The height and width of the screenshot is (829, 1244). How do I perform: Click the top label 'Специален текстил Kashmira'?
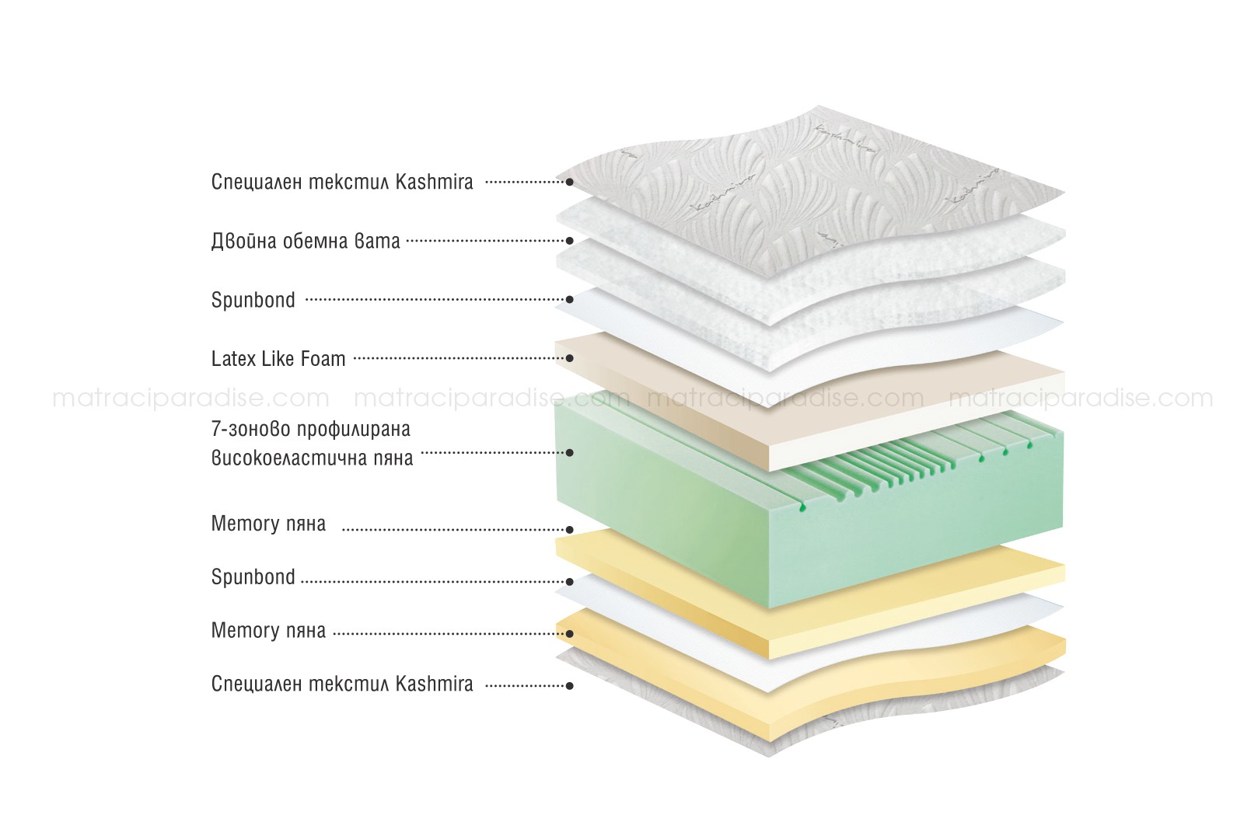342,182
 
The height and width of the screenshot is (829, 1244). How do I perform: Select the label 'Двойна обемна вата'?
306,241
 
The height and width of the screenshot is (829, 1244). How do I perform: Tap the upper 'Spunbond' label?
253,300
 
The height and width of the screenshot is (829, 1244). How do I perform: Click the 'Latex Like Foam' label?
278,358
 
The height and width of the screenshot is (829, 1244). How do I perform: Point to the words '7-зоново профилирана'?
311,429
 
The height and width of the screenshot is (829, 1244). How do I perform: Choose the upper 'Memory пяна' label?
268,523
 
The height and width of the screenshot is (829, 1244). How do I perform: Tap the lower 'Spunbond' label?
253,577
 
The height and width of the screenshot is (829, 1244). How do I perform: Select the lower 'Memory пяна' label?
268,630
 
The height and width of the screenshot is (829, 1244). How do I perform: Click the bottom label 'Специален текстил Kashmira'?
342,684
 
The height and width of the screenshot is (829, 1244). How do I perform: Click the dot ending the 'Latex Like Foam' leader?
569,358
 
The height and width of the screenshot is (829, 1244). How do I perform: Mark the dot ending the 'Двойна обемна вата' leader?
569,241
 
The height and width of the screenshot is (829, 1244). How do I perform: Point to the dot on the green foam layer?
569,453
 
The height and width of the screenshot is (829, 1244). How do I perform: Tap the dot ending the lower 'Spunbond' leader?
569,581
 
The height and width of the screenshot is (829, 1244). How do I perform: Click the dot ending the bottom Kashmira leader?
569,686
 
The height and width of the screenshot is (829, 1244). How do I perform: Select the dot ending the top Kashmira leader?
569,182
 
